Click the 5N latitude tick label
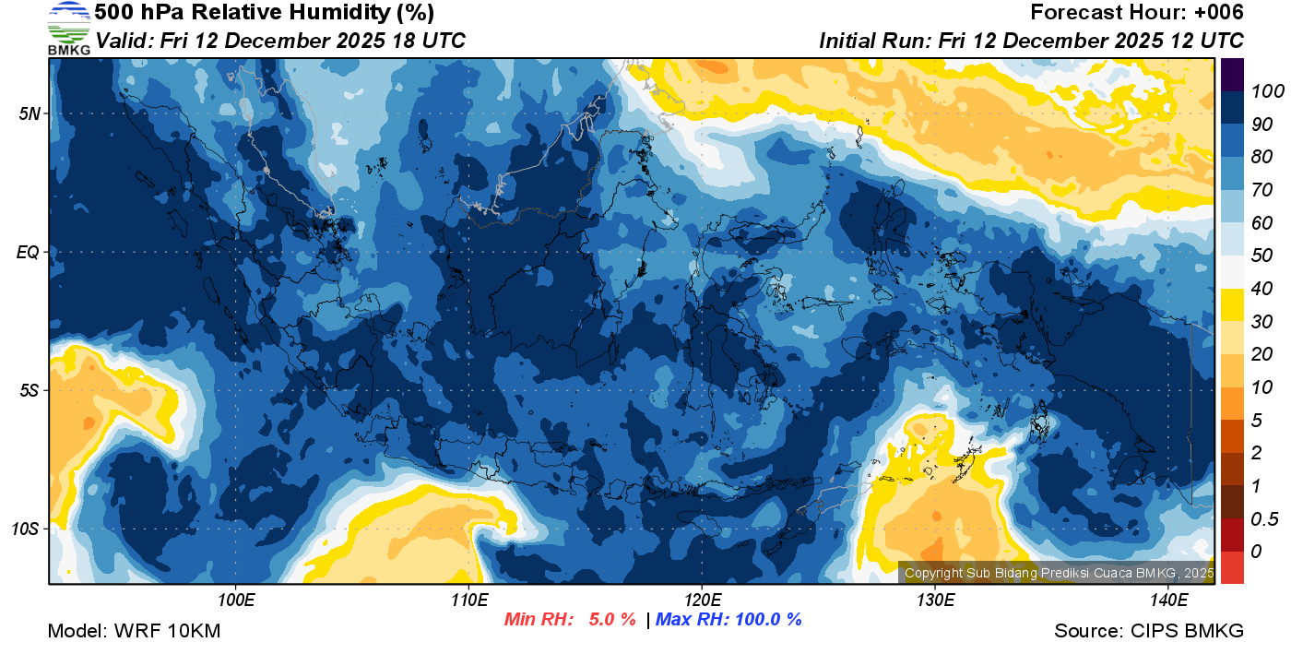tap(28, 113)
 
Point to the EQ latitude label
tap(28, 252)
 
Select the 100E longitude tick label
tap(236, 600)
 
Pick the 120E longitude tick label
tap(702, 600)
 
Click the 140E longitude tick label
tap(1168, 600)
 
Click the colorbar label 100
tap(1262, 91)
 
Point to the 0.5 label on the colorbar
tap(1261, 519)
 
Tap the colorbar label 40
tap(1259, 289)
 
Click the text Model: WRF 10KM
tap(134, 632)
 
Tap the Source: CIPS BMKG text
tap(1149, 632)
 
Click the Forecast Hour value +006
tap(1217, 13)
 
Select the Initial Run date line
tap(1031, 41)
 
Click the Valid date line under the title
tap(280, 41)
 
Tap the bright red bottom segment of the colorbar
tap(1232, 567)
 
